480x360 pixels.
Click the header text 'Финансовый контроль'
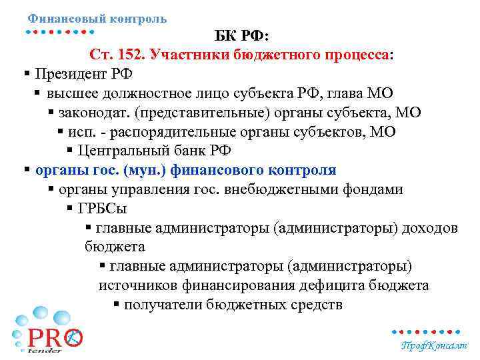[97, 19]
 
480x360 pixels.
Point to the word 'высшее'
[71, 93]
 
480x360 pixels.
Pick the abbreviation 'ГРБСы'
[102, 209]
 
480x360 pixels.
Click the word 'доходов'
[432, 228]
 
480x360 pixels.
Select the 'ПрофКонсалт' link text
[434, 345]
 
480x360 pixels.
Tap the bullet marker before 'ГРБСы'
[70, 209]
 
